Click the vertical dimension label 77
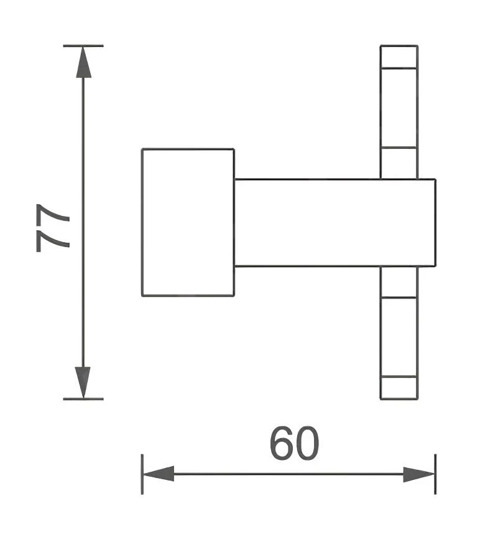click(x=53, y=228)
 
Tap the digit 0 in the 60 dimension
click(x=307, y=443)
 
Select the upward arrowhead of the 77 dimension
click(x=83, y=62)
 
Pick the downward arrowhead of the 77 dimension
click(x=83, y=382)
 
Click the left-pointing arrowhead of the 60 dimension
click(x=159, y=474)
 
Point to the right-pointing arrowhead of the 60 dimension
click(x=419, y=474)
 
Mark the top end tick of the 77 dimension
click(x=83, y=45)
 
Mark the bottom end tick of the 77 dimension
click(x=83, y=399)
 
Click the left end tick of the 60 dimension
click(x=142, y=474)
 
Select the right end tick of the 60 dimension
click(x=435, y=474)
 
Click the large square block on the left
click(x=188, y=222)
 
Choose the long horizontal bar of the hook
click(x=335, y=222)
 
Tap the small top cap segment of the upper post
click(x=399, y=57)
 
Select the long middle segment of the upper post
click(x=399, y=108)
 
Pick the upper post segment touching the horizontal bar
click(x=399, y=163)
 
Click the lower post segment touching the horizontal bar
click(x=399, y=282)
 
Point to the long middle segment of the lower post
click(x=399, y=337)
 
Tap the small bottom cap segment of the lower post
click(x=399, y=388)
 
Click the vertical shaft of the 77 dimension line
click(x=83, y=222)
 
